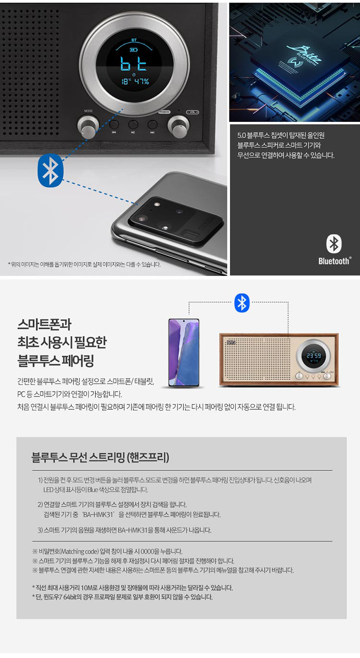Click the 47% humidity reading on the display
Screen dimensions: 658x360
(142, 82)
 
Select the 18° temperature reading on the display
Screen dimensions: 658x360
(125, 82)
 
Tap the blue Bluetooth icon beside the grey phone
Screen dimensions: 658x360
(50, 170)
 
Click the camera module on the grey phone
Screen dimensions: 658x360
(175, 219)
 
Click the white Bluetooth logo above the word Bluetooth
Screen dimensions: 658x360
(334, 244)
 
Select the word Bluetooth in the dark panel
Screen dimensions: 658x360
(335, 261)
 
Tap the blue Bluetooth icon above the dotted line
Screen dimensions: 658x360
(242, 303)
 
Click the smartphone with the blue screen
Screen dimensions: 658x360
(183, 353)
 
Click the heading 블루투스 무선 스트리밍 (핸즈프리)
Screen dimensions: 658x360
(100, 457)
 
